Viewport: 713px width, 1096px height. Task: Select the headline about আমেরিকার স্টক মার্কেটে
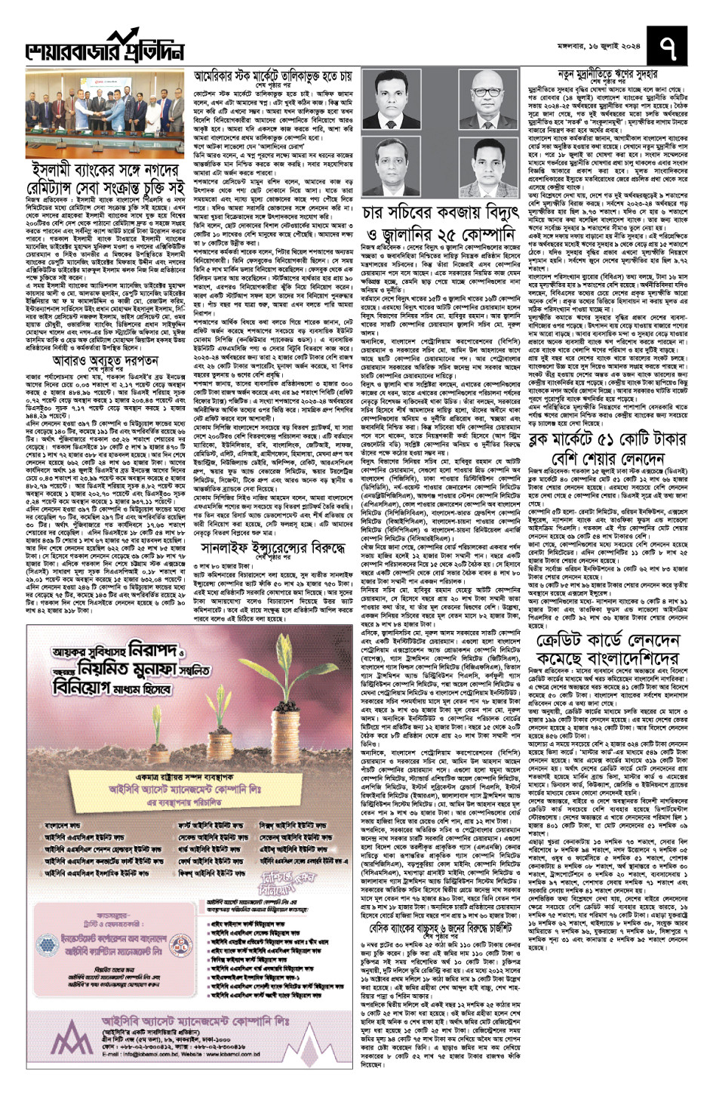[274, 77]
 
